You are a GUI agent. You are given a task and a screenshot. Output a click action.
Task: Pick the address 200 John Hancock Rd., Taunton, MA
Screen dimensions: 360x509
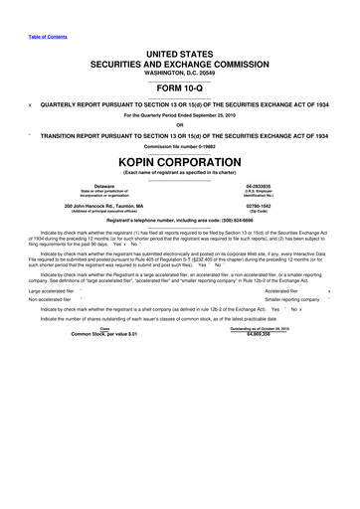pyautogui.click(x=102, y=235)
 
